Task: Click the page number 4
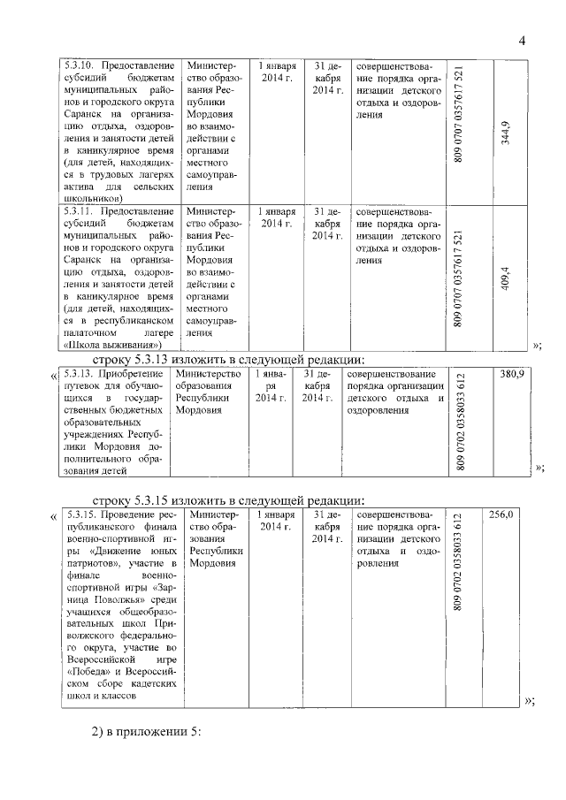point(522,41)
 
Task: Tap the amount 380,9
point(513,375)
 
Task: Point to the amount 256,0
point(501,514)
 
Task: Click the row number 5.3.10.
point(80,66)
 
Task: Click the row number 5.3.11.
point(80,212)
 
